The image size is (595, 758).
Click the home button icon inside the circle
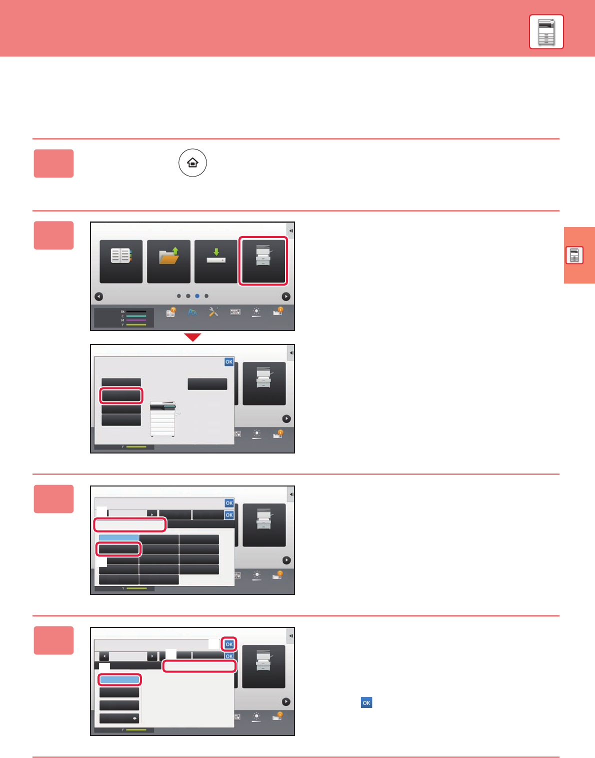pos(192,163)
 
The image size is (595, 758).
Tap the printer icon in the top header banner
pos(546,32)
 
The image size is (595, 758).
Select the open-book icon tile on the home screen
pos(121,261)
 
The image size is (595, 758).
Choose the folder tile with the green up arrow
pos(168,261)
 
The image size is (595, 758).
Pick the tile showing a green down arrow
pos(216,261)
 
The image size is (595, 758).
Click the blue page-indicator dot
pos(197,296)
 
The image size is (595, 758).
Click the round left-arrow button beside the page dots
pos(99,296)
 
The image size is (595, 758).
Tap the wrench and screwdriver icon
pos(213,312)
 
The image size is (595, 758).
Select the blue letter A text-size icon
pos(192,312)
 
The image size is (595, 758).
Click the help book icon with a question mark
pos(171,312)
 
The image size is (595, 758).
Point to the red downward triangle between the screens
pos(192,337)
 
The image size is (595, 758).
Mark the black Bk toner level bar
pos(136,311)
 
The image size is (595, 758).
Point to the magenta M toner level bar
pos(136,320)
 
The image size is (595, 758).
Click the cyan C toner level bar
pos(136,316)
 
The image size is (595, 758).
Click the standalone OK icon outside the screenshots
pos(366,702)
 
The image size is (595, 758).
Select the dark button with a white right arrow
pos(119,718)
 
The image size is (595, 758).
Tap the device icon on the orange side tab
pos(574,255)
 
